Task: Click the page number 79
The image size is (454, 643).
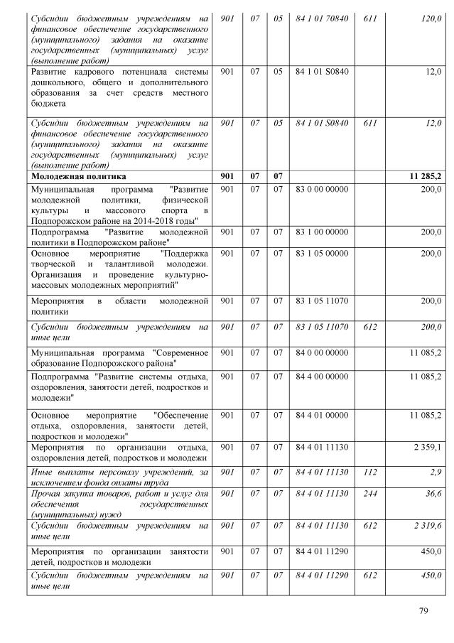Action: click(425, 609)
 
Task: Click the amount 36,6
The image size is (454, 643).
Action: click(433, 492)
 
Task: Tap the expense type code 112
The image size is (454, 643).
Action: click(369, 472)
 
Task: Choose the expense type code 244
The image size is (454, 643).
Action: click(369, 492)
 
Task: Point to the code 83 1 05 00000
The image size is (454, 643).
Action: click(321, 254)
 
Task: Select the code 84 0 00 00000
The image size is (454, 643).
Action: click(321, 352)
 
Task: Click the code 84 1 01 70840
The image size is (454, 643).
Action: click(321, 17)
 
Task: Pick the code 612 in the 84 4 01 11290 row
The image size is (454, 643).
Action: click(369, 575)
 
